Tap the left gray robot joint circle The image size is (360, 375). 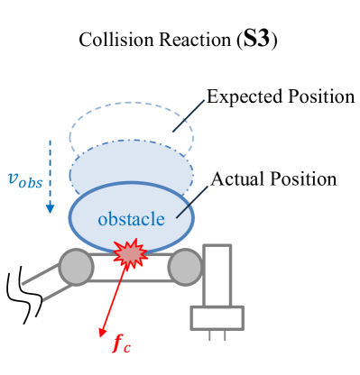pos(76,267)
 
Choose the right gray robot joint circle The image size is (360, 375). pos(185,266)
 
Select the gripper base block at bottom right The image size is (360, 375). pos(216,318)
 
